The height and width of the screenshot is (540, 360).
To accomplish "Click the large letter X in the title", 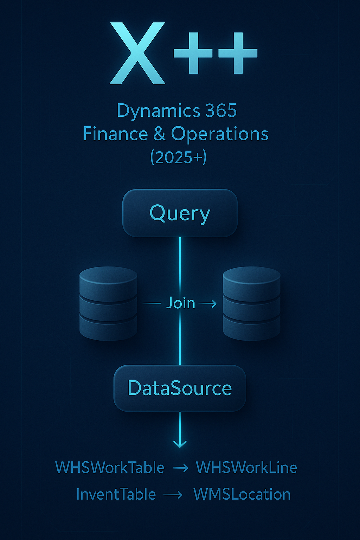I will [x=137, y=53].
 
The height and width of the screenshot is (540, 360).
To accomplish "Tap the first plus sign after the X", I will [x=193, y=53].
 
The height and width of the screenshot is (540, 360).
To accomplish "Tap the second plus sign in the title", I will [x=238, y=53].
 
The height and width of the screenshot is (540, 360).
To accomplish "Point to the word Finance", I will [x=115, y=134].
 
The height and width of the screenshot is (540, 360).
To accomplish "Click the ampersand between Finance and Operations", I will [x=159, y=134].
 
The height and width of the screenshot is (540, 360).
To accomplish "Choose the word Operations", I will [x=219, y=134].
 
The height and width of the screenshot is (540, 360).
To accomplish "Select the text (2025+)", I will [x=178, y=157].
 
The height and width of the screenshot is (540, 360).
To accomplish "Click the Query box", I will [x=180, y=213].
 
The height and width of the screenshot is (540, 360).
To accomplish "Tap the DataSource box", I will [x=180, y=388].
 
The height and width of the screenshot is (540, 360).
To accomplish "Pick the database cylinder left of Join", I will [x=108, y=303].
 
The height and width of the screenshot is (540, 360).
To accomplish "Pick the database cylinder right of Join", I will [x=251, y=303].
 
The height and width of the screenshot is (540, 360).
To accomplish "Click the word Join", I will [x=180, y=303].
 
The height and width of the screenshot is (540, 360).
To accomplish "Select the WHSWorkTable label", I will [x=110, y=468].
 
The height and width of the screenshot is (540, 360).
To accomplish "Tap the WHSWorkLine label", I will [x=246, y=468].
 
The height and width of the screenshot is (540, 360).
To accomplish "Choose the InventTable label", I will [x=116, y=494].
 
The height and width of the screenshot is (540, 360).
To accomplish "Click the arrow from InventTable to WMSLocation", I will [x=173, y=495].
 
